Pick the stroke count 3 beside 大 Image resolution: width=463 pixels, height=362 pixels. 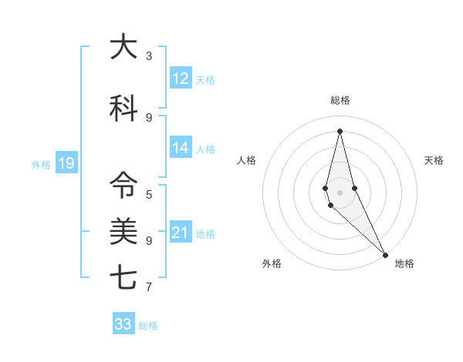[x=149, y=56]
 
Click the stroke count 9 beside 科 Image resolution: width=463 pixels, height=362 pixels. [x=149, y=117]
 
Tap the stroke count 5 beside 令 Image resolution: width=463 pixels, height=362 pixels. [x=149, y=194]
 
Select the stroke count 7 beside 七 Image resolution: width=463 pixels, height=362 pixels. [x=149, y=287]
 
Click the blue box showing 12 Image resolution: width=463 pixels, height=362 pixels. [x=181, y=79]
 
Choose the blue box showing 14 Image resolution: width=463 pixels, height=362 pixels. [x=181, y=148]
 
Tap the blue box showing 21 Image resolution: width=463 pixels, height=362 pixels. [x=181, y=233]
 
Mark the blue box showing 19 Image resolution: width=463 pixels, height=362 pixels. [x=66, y=163]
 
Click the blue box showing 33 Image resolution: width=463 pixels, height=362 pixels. [x=123, y=324]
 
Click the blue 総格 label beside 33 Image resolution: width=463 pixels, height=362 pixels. [x=148, y=326]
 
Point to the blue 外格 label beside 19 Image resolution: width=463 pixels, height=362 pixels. [x=41, y=164]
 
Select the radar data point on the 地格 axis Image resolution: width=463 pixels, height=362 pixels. [x=385, y=253]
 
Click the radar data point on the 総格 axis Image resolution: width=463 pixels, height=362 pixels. [x=340, y=130]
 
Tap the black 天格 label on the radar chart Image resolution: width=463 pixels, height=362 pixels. [x=434, y=160]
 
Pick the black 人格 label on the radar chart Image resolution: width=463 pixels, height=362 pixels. [x=246, y=160]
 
